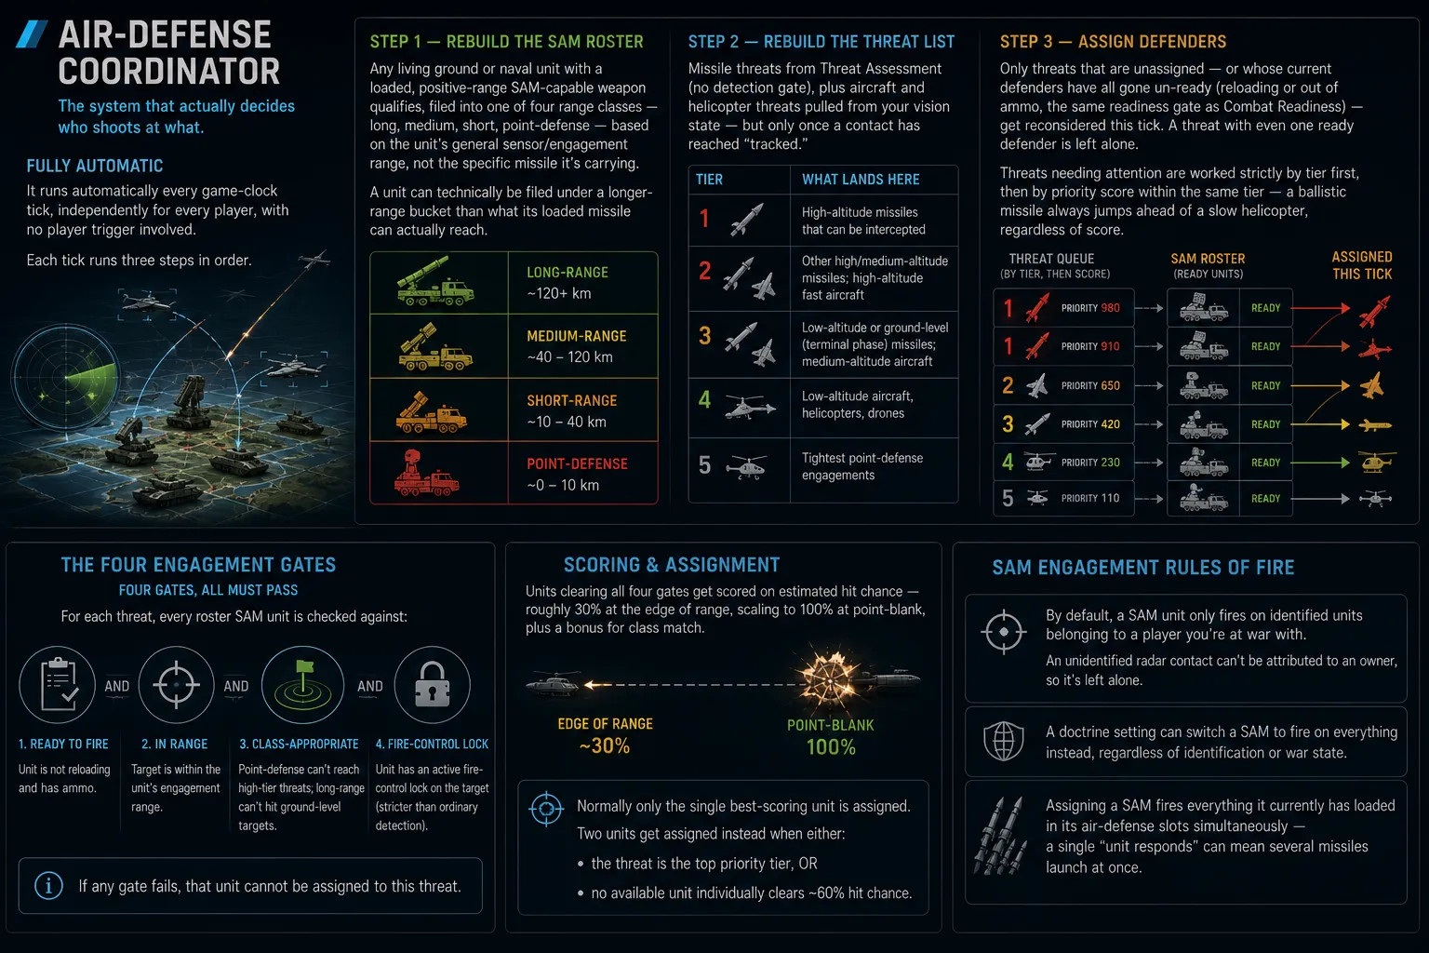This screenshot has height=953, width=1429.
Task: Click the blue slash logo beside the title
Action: point(32,34)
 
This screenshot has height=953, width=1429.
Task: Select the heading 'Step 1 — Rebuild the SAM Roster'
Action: point(506,42)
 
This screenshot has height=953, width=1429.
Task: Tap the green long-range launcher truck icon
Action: point(435,281)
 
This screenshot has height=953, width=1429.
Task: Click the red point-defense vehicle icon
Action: point(425,473)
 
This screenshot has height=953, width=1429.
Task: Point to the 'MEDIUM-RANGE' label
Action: point(576,336)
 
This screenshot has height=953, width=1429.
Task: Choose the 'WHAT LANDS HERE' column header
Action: point(861,180)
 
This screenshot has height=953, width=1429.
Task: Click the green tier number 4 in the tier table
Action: point(704,400)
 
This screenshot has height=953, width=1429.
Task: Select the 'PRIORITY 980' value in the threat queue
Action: point(1090,308)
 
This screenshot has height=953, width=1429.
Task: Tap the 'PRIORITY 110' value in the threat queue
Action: point(1090,498)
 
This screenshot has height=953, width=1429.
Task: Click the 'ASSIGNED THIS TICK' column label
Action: point(1361,265)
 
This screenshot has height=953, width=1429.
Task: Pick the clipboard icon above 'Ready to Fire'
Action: point(58,685)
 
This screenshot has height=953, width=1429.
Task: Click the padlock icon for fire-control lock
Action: point(432,684)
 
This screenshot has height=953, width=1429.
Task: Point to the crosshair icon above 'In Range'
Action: point(176,685)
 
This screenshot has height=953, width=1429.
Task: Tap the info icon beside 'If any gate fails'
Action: point(48,886)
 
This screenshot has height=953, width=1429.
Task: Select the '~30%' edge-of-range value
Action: point(605,745)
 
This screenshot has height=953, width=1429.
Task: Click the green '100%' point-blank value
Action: point(831,746)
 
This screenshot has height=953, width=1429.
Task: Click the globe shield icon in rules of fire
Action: point(1004,741)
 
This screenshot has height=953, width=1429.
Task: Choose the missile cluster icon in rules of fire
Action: point(1001,836)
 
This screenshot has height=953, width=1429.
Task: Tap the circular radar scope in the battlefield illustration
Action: point(66,377)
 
